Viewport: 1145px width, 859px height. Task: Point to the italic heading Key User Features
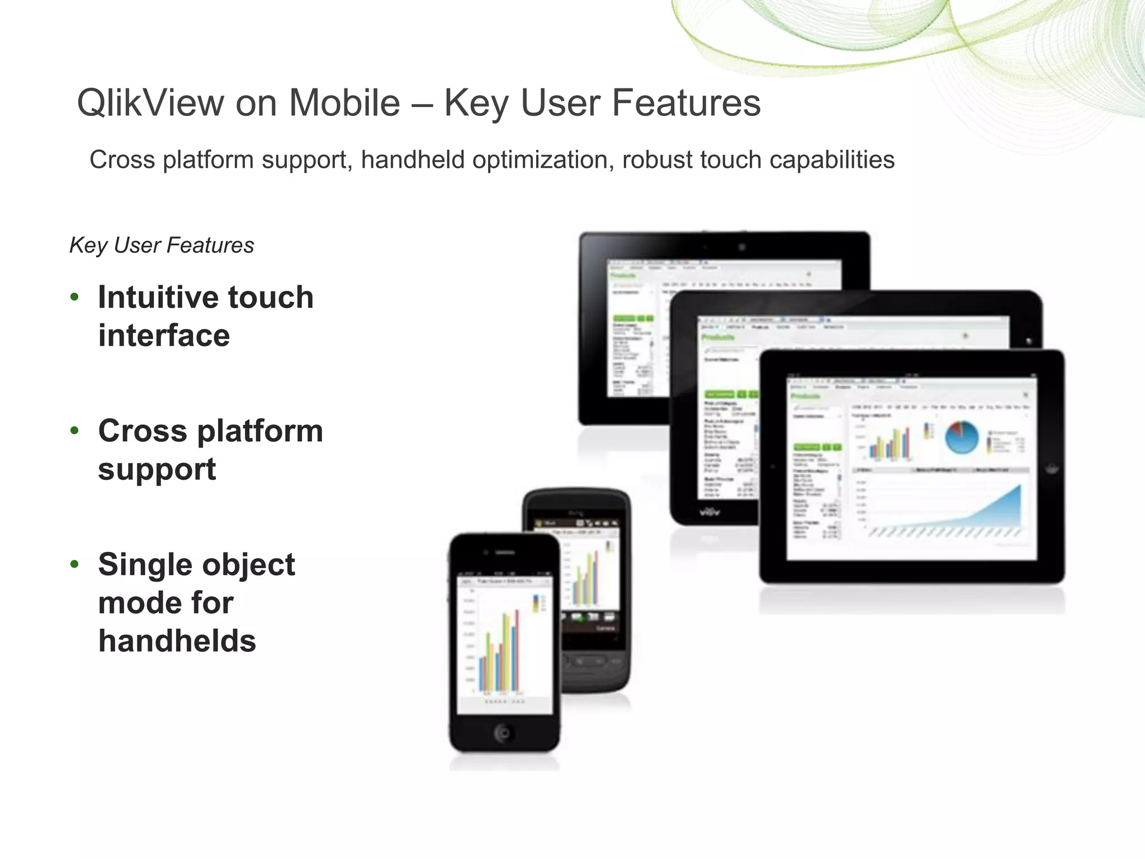click(162, 246)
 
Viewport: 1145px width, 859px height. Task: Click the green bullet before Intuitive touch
click(74, 298)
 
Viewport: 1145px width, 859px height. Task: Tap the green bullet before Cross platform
click(74, 431)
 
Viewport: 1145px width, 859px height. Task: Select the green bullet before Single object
click(74, 565)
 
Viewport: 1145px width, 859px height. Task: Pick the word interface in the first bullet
click(164, 336)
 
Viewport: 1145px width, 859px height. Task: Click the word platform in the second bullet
click(260, 431)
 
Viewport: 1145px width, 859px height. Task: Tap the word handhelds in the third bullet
click(177, 641)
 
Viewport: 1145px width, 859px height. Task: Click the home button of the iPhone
click(503, 733)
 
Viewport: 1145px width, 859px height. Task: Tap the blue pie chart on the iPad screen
click(962, 437)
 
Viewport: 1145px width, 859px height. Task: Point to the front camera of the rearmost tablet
click(741, 247)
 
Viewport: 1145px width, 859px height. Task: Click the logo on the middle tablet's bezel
click(710, 511)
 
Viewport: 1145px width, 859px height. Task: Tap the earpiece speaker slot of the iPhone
click(505, 553)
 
